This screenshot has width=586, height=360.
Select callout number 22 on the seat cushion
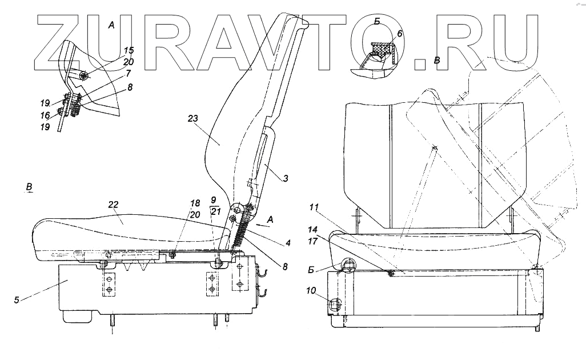(x=113, y=205)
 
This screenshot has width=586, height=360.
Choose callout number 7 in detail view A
(x=129, y=74)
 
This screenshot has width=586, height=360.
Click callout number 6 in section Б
(x=400, y=34)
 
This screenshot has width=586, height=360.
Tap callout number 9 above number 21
(x=213, y=201)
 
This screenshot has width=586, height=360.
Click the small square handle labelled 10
(x=335, y=305)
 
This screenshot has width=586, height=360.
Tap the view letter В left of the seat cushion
(x=29, y=187)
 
